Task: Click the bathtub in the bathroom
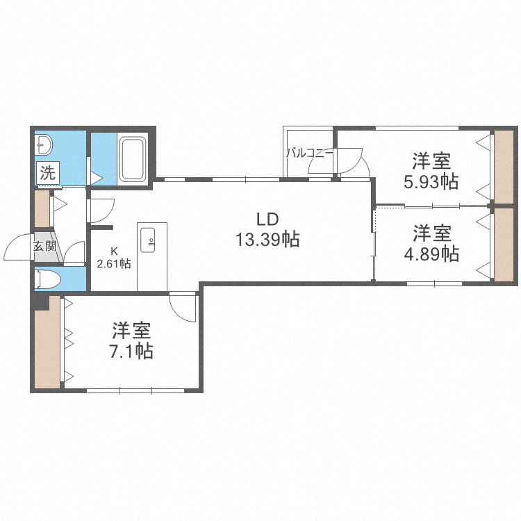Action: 133,159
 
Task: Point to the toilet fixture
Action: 47,279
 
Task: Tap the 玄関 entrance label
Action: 46,246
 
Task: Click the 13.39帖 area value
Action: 267,240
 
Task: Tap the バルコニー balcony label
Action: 310,153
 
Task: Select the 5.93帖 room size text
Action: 431,182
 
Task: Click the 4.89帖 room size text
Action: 431,253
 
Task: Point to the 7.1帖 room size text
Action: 131,351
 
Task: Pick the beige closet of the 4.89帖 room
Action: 502,245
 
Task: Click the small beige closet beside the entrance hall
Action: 42,208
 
